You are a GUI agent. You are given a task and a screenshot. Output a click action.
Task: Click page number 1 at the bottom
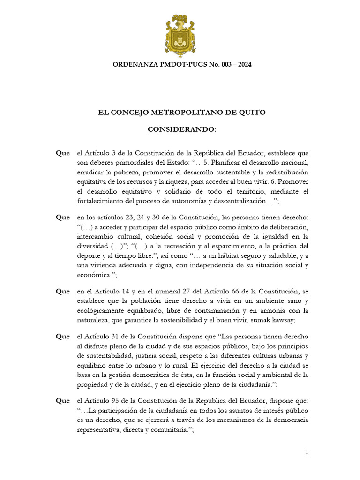306,452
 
